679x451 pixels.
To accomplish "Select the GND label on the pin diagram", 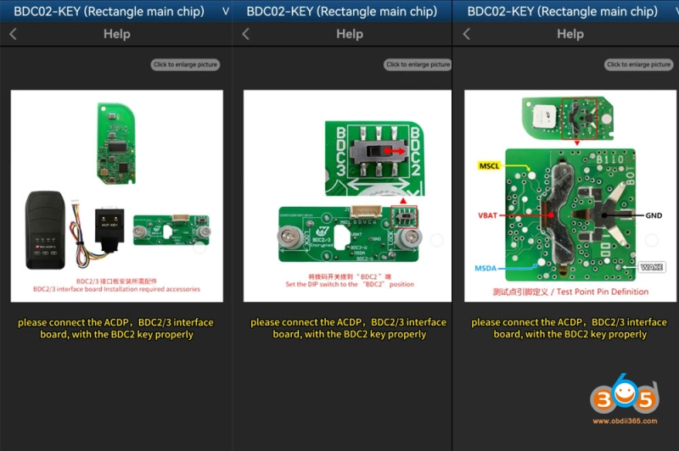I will pos(654,216).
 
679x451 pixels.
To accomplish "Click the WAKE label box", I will pos(653,267).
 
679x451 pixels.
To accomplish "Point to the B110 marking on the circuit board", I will pos(605,157).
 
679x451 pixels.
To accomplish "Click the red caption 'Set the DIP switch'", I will pos(349,284).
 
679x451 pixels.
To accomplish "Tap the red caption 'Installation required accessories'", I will pos(116,289).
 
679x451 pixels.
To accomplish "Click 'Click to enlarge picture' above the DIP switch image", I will pos(418,64).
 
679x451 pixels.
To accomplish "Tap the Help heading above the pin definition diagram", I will pos(570,34).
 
